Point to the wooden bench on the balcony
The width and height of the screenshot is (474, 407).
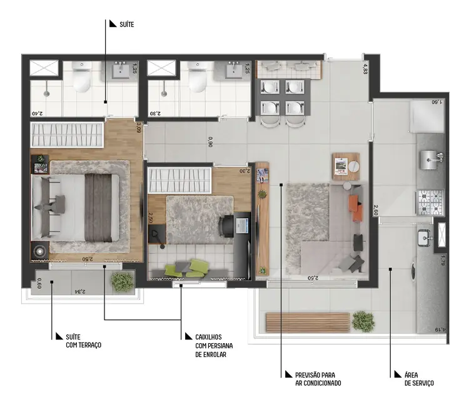click(307, 322)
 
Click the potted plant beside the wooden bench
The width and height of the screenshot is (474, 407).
click(362, 321)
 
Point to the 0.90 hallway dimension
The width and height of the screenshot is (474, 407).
click(211, 142)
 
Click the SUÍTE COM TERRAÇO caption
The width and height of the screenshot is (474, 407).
click(83, 341)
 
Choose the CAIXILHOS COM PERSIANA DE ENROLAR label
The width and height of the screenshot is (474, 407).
click(209, 345)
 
